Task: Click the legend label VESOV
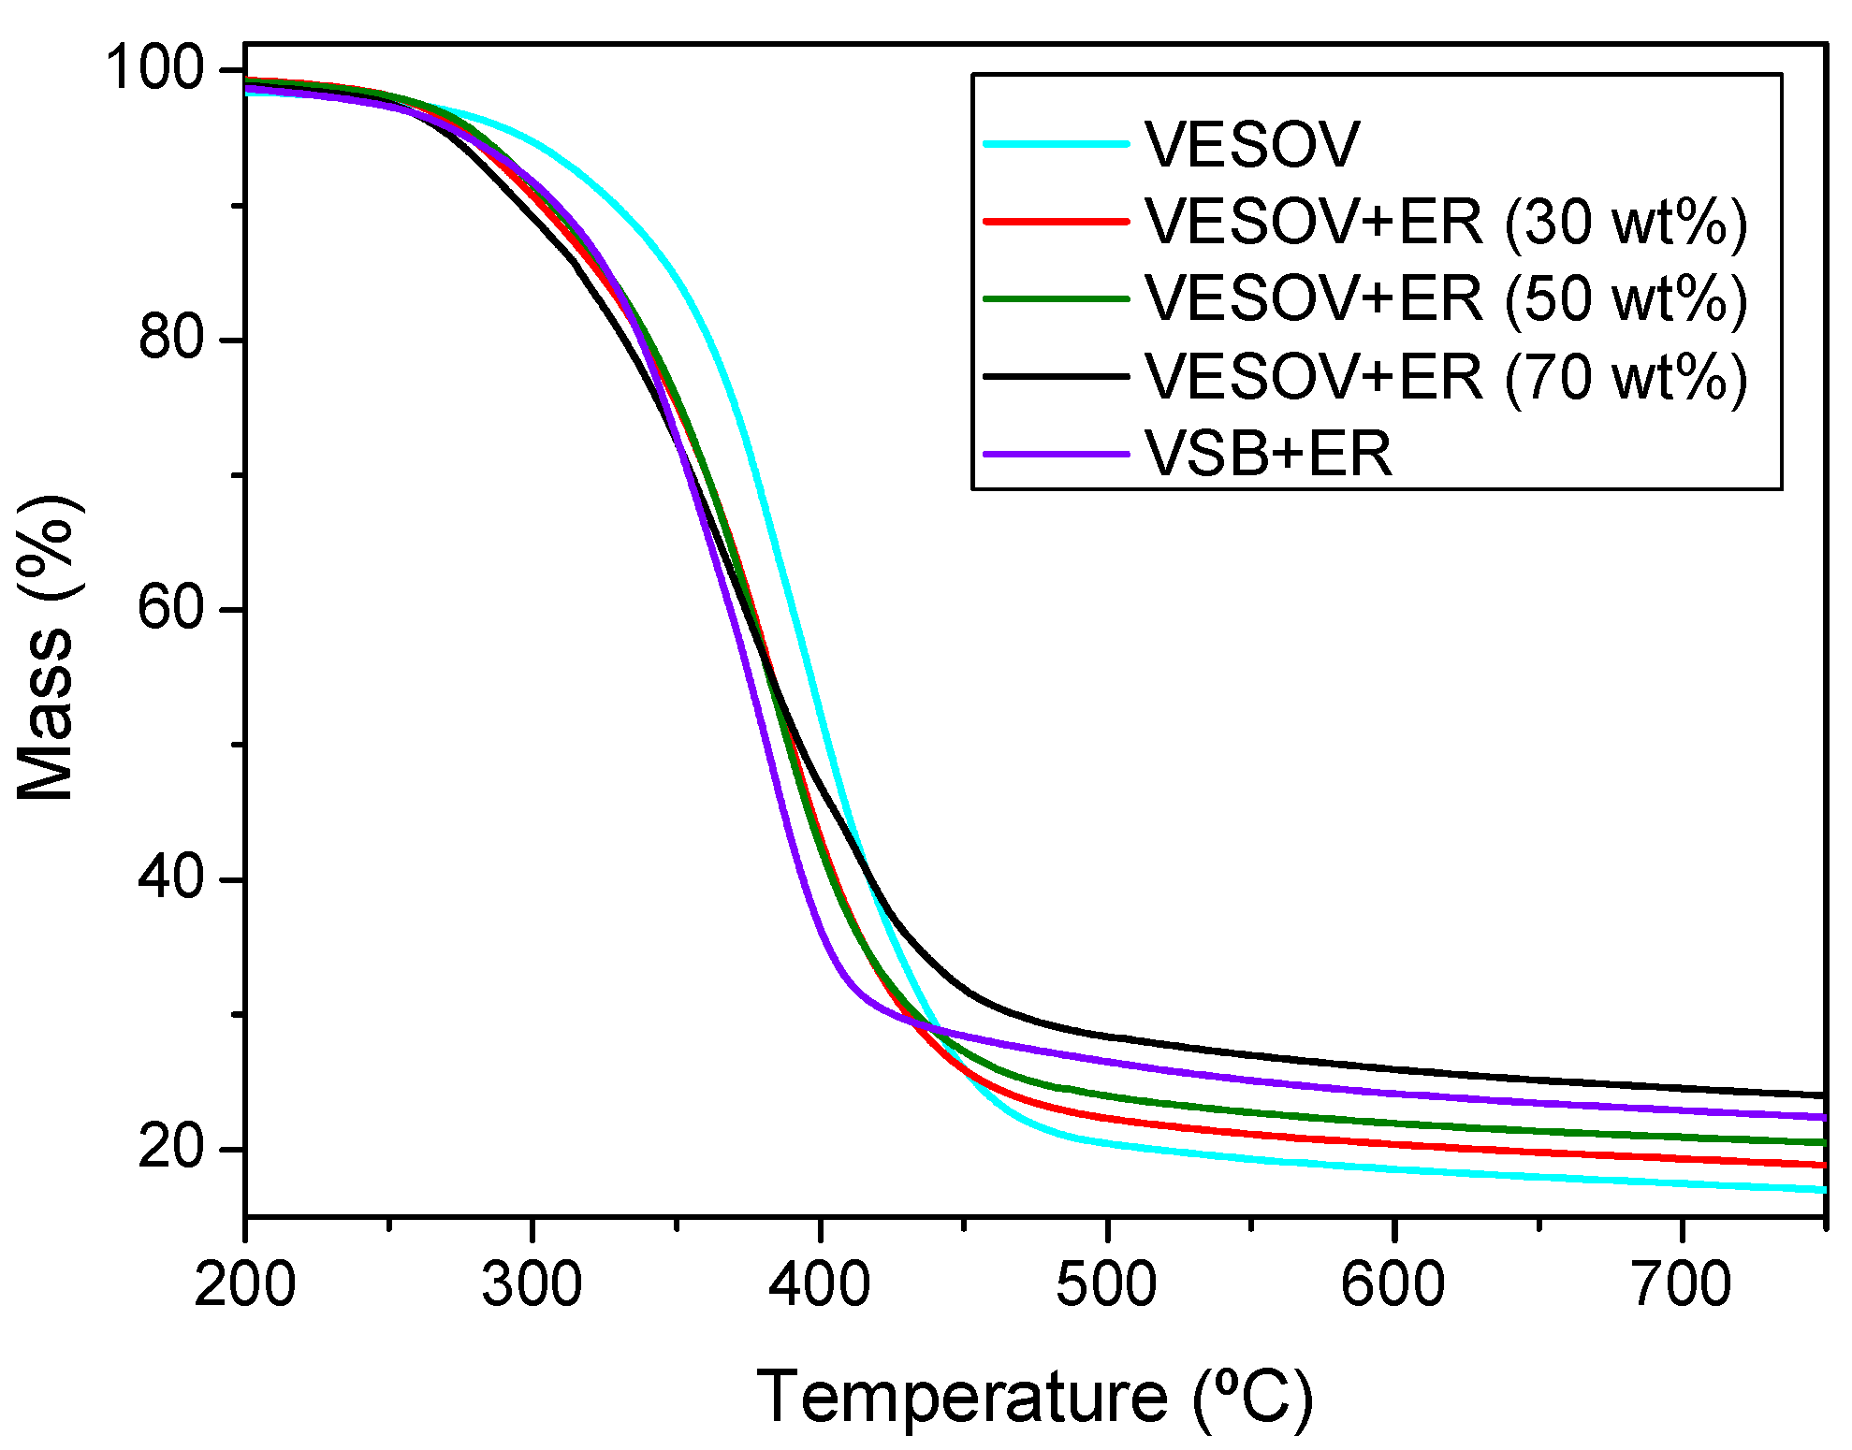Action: (x=1251, y=145)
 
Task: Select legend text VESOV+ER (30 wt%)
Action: (x=1446, y=223)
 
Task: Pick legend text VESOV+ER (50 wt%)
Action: (x=1446, y=299)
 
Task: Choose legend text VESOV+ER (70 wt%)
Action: (x=1446, y=377)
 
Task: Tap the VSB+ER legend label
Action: (x=1268, y=455)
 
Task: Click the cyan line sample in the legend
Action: (x=1057, y=144)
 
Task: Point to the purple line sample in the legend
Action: (x=1057, y=455)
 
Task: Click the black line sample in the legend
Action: (x=1057, y=377)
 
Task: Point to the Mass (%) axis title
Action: (x=47, y=647)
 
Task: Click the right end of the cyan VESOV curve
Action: (x=1821, y=1189)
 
